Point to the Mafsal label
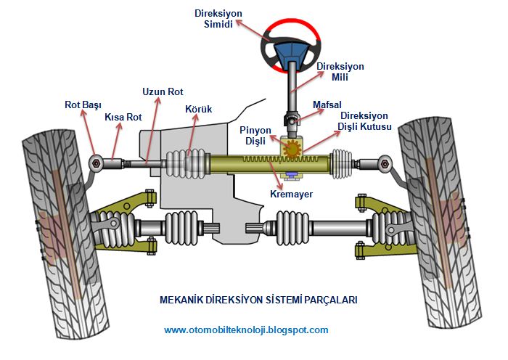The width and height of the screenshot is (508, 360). [327, 105]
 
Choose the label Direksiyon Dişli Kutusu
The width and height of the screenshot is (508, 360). [365, 121]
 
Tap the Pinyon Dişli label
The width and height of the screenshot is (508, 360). [255, 135]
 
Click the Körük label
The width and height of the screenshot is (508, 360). [198, 109]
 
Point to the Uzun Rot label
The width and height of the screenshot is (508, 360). [163, 92]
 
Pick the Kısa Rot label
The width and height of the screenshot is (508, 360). [123, 117]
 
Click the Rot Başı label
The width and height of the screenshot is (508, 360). [83, 105]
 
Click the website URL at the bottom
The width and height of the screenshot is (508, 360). [246, 330]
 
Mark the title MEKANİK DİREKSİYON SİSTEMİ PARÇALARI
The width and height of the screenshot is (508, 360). [258, 299]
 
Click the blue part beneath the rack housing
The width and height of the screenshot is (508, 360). [292, 173]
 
